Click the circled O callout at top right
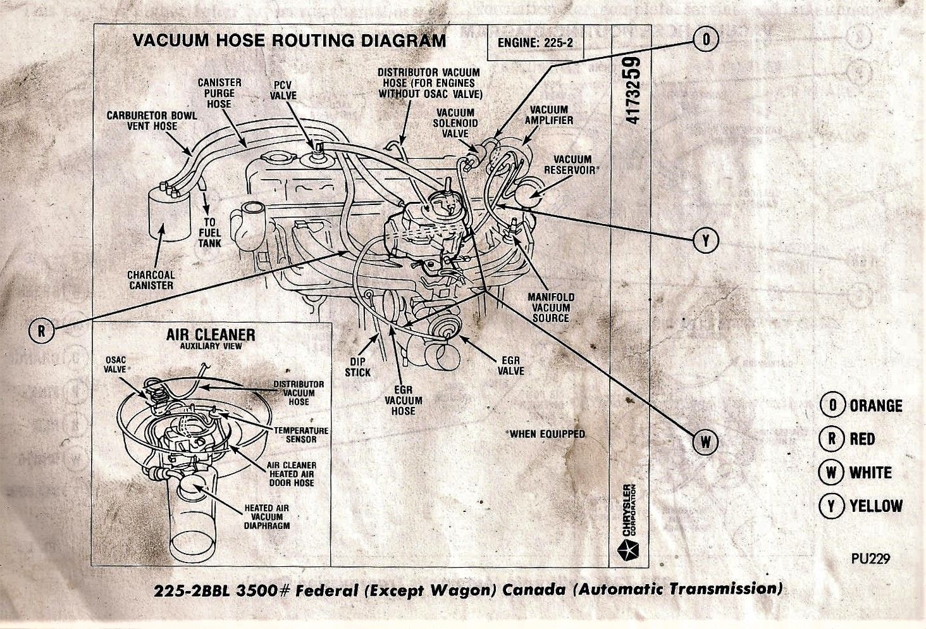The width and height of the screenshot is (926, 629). (x=706, y=39)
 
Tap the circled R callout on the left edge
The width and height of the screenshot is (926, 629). (x=41, y=330)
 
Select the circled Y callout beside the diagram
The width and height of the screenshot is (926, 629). (x=706, y=240)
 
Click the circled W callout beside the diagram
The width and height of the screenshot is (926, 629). (x=706, y=442)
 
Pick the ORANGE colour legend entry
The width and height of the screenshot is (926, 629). (x=861, y=406)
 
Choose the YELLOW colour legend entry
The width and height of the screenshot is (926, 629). (x=861, y=506)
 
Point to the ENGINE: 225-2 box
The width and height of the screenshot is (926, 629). (x=535, y=42)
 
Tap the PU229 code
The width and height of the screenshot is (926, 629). (x=870, y=559)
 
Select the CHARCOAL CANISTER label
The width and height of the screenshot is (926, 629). (x=151, y=280)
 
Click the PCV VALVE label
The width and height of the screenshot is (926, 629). (x=283, y=90)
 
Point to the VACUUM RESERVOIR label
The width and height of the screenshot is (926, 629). (x=571, y=165)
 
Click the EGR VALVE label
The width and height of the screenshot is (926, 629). (x=511, y=366)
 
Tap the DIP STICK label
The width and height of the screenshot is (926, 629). (x=357, y=367)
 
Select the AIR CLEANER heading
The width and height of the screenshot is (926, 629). (x=211, y=335)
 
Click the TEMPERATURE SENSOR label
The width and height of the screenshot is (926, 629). (x=301, y=435)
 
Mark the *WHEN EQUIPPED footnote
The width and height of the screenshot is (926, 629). (x=545, y=434)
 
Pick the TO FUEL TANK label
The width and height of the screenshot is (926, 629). (x=209, y=232)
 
